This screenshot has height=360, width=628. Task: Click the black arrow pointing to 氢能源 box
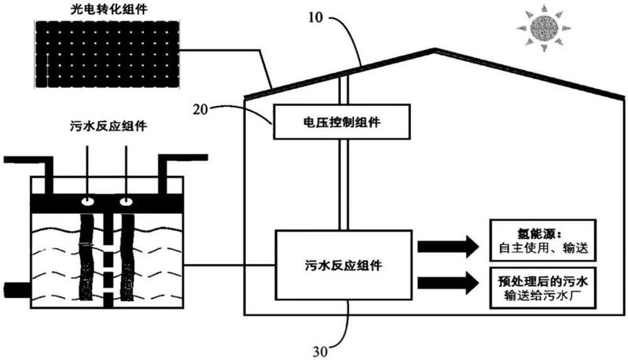[447, 244]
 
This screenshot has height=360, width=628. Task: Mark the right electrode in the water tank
[127, 252]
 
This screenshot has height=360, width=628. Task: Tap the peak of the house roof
[431, 50]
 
